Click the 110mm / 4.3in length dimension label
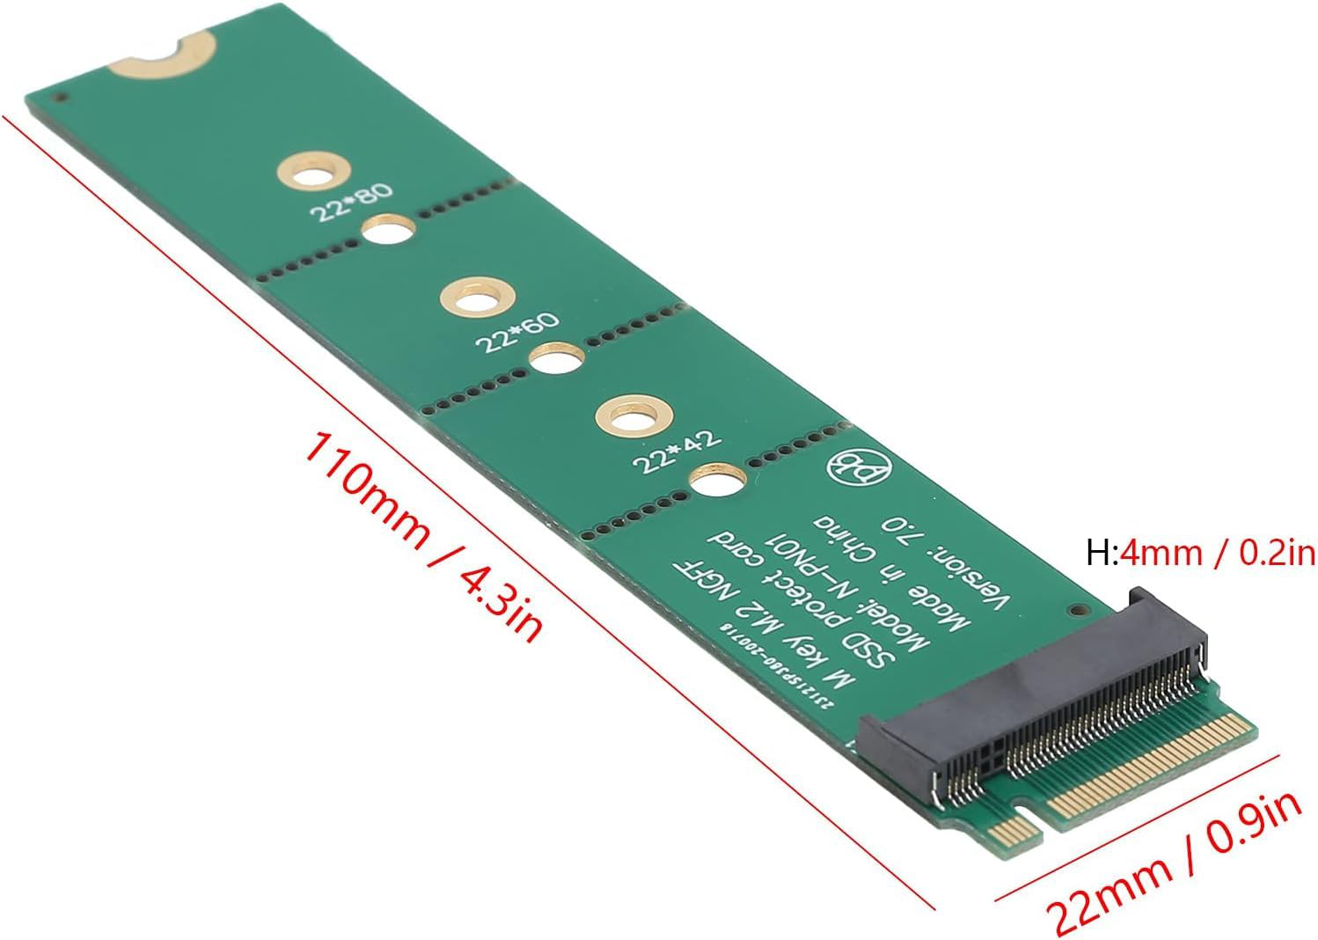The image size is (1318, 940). tap(421, 536)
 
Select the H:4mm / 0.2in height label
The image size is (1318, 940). tap(1200, 553)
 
